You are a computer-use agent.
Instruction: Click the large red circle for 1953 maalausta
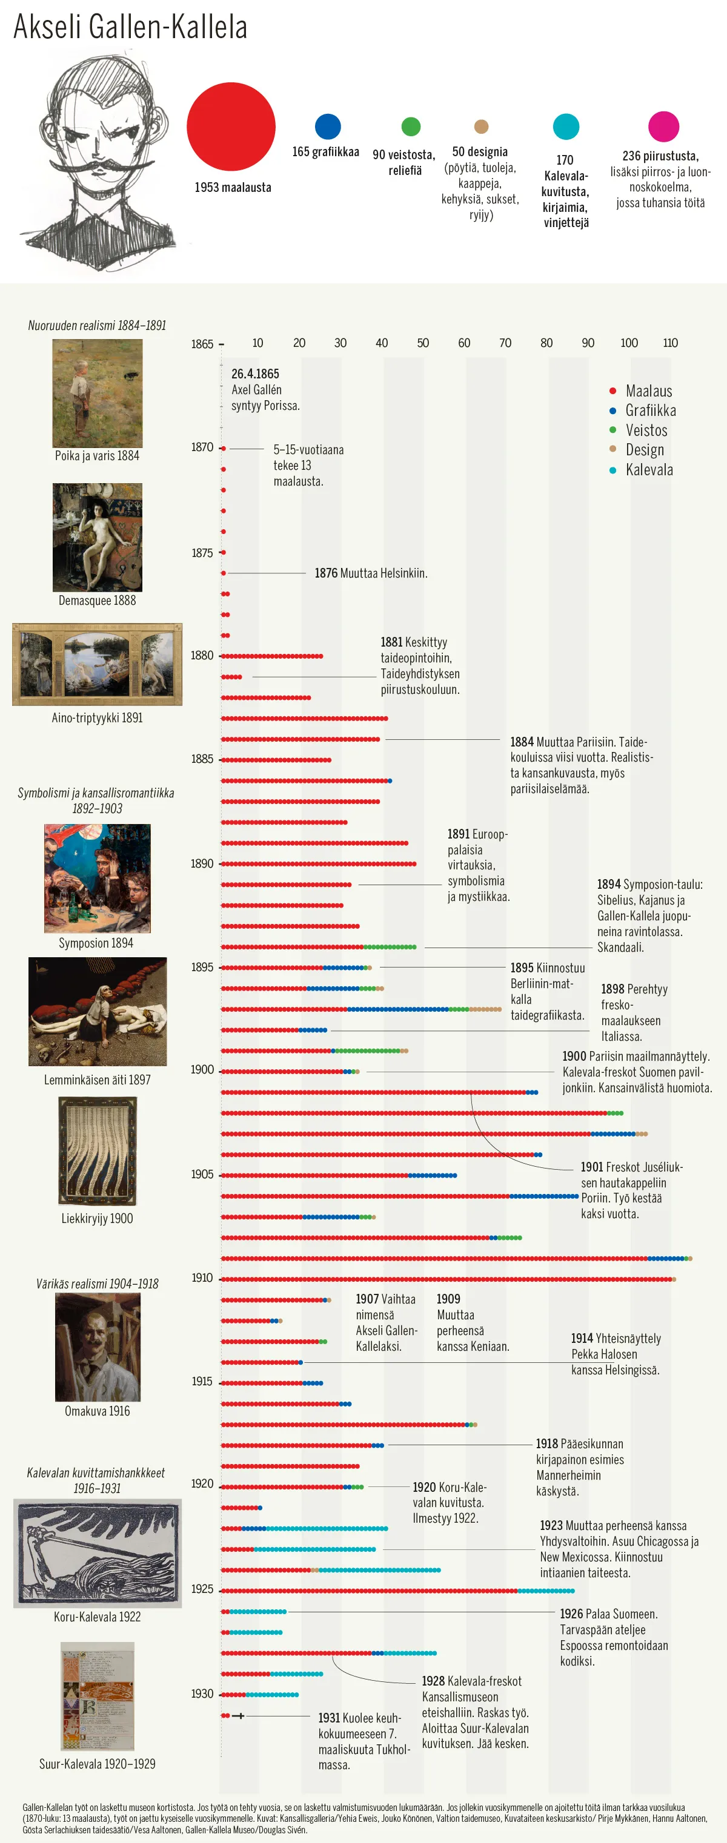231,127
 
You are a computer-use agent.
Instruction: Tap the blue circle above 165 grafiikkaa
328,127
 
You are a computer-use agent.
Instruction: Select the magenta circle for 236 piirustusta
663,127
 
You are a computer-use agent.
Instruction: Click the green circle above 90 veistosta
411,127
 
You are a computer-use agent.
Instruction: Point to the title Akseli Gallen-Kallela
130,27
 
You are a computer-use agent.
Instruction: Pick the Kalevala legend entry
648,469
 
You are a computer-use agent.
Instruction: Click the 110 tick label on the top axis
670,343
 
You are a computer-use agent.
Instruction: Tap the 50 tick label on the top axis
423,343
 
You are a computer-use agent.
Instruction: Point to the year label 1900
202,1070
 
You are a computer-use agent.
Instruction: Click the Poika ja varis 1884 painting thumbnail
98,393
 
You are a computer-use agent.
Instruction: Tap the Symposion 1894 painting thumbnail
98,878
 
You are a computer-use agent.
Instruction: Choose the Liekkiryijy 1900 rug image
98,1151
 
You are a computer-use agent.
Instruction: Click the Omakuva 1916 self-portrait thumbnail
98,1347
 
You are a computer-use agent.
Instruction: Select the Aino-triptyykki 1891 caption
98,717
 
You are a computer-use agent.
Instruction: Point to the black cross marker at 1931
238,1716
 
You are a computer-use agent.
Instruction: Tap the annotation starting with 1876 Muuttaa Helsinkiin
371,573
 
